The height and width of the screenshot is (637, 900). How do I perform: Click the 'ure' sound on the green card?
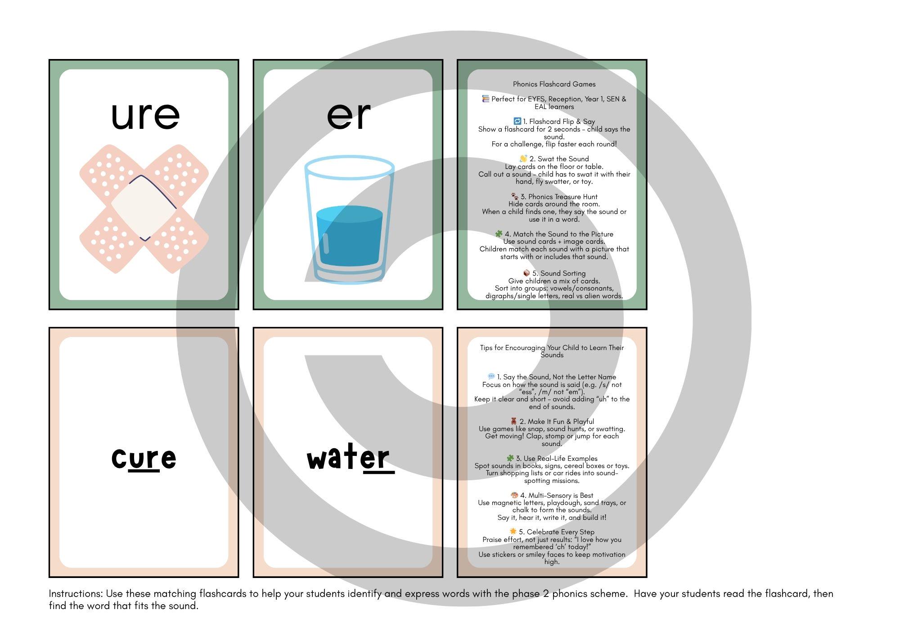pyautogui.click(x=145, y=116)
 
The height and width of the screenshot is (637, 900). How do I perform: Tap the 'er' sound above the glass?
pyautogui.click(x=349, y=116)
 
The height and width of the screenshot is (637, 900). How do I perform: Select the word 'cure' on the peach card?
pyautogui.click(x=144, y=458)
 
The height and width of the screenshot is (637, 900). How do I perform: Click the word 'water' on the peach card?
pyautogui.click(x=348, y=459)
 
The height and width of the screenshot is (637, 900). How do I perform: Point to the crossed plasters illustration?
pyautogui.click(x=144, y=209)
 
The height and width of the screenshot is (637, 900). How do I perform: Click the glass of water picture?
pyautogui.click(x=349, y=219)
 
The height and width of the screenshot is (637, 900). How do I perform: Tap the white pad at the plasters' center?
pyautogui.click(x=144, y=207)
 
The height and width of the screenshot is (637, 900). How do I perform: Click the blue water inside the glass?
pyautogui.click(x=349, y=236)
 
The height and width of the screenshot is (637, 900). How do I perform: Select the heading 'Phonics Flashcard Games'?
pyautogui.click(x=554, y=84)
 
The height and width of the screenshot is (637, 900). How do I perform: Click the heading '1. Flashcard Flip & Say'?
pyautogui.click(x=558, y=122)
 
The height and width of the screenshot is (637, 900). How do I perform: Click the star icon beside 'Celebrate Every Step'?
pyautogui.click(x=513, y=532)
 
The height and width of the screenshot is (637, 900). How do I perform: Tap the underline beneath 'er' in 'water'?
pyautogui.click(x=378, y=473)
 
